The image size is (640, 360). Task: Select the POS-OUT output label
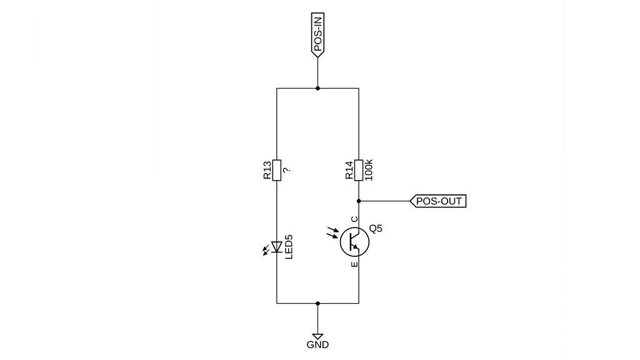pyautogui.click(x=438, y=201)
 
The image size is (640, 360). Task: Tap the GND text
pyautogui.click(x=317, y=345)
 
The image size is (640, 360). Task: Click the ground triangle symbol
pyautogui.click(x=317, y=336)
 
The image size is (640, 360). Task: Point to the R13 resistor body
pyautogui.click(x=277, y=170)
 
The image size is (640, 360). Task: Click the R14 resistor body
pyautogui.click(x=359, y=170)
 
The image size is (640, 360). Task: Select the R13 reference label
pyautogui.click(x=267, y=170)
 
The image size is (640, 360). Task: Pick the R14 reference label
pyautogui.click(x=349, y=170)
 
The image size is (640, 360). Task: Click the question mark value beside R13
pyautogui.click(x=286, y=170)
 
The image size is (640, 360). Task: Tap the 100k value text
pyautogui.click(x=369, y=170)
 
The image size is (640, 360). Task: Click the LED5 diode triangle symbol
pyautogui.click(x=277, y=247)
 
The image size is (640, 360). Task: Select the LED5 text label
pyautogui.click(x=289, y=247)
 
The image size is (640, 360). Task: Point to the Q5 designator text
pyautogui.click(x=376, y=229)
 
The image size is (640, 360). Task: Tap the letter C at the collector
pyautogui.click(x=354, y=219)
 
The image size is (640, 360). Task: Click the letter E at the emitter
pyautogui.click(x=354, y=264)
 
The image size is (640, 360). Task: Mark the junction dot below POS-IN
pyautogui.click(x=317, y=88)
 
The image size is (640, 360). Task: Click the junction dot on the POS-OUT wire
pyautogui.click(x=359, y=201)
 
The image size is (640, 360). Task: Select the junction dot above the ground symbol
pyautogui.click(x=317, y=303)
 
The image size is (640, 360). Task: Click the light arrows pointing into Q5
pyautogui.click(x=332, y=232)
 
